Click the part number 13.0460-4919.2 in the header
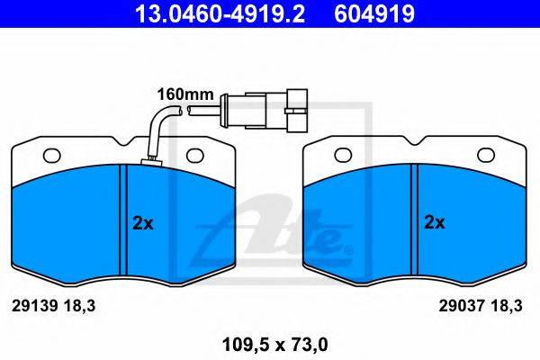(x=220, y=13)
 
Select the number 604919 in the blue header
(x=374, y=13)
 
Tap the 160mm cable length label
(x=185, y=94)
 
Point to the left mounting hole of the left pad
(x=51, y=156)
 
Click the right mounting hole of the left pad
(x=195, y=156)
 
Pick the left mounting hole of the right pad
(x=343, y=155)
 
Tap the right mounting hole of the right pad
(x=486, y=155)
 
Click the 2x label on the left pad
(x=143, y=223)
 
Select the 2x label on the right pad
(x=435, y=222)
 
